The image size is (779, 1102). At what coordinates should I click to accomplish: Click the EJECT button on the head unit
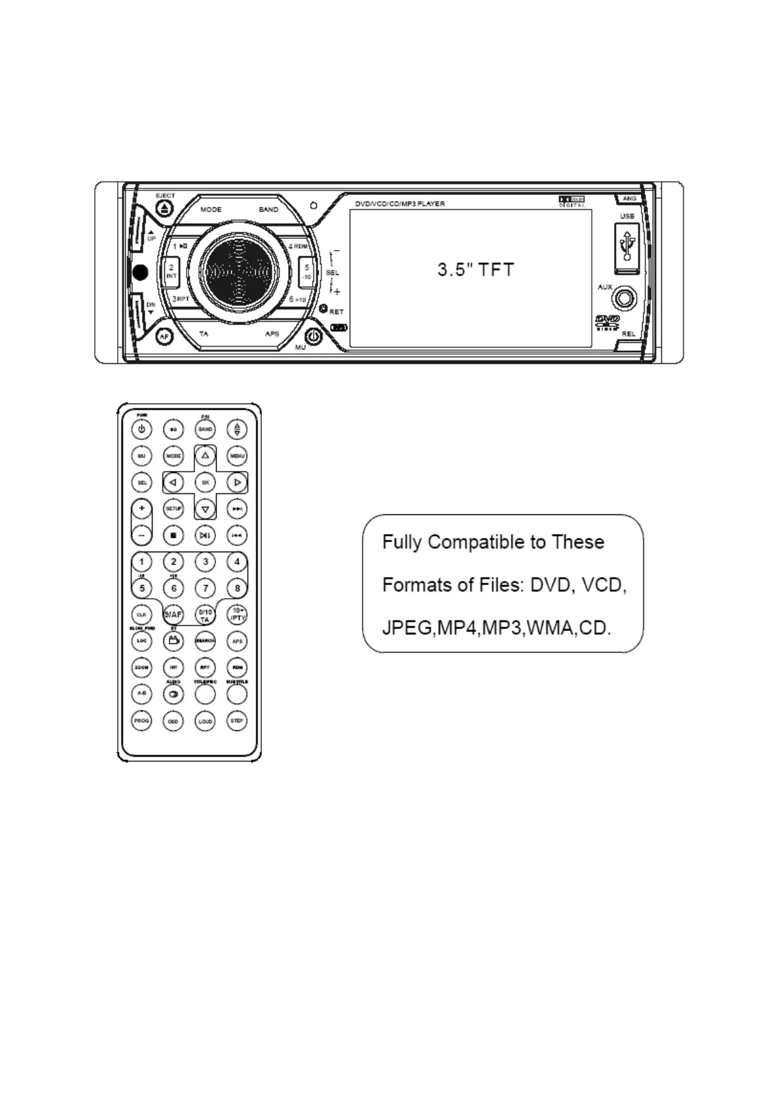click(164, 208)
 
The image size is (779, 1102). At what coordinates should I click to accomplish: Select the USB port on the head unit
click(627, 248)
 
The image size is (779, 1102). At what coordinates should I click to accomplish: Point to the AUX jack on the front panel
click(623, 300)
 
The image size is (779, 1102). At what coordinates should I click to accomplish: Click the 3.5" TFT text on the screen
click(476, 270)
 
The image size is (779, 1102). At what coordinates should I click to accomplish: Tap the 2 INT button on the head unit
click(171, 272)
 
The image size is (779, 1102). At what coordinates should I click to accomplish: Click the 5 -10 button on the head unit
click(306, 272)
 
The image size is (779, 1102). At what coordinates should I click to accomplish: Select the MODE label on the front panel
click(211, 210)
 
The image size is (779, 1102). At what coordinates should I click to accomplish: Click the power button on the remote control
click(141, 429)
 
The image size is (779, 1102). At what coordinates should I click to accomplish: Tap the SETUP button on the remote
click(173, 508)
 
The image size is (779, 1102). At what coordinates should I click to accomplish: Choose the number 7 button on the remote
click(205, 588)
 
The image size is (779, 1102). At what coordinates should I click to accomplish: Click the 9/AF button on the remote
click(173, 614)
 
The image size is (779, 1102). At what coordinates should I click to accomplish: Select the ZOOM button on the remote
click(141, 667)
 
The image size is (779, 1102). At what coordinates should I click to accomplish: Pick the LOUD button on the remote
click(205, 720)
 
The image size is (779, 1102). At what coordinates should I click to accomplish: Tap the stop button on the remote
click(173, 535)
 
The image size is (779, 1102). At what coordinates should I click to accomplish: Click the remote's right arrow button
click(237, 482)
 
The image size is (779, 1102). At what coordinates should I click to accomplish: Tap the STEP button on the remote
click(237, 720)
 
